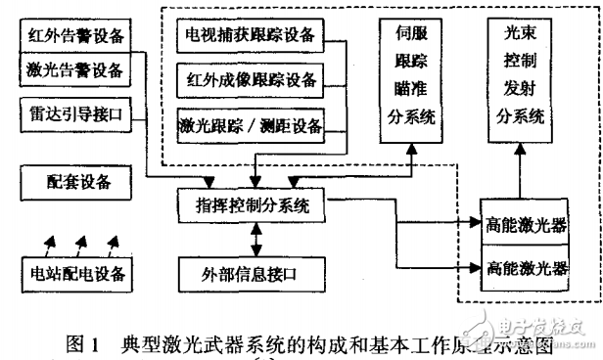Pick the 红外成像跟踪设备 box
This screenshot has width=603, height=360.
(251, 78)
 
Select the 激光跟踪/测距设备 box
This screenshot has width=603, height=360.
(251, 124)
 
